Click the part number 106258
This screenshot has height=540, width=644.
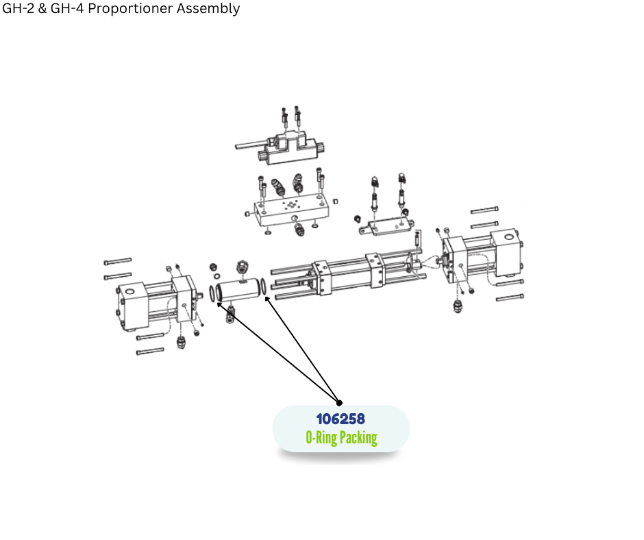[x=340, y=419]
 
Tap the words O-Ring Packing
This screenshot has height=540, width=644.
[x=341, y=437]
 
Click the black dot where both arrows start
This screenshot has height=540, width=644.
[x=339, y=403]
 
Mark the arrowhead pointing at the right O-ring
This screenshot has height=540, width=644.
[x=266, y=300]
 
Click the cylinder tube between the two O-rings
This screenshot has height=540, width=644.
[x=239, y=290]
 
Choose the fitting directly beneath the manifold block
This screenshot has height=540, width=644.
[x=299, y=229]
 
